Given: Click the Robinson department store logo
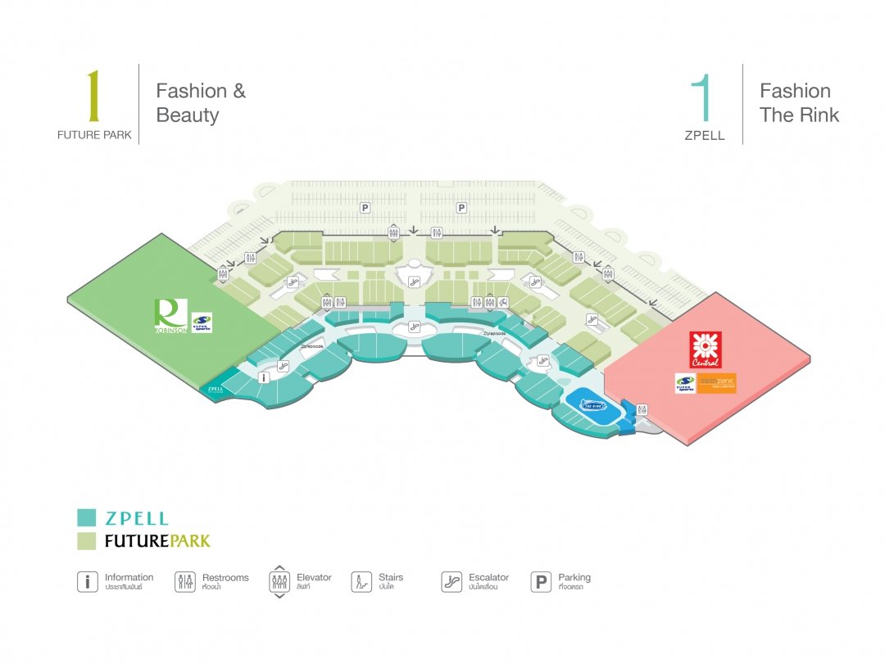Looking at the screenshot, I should pos(170,316).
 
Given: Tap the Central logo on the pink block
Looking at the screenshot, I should pos(705,350).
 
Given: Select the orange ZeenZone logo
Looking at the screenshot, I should pos(717,383).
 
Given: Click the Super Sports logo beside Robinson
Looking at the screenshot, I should pos(202,322).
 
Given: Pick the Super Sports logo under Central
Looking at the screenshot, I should pos(685,384).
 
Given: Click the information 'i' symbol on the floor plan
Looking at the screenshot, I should pos(264,377).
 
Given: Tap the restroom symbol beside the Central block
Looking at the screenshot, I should pos(642,408).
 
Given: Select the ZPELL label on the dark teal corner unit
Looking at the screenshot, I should pos(216,390).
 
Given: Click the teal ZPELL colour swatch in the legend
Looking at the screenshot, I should pos(86,517).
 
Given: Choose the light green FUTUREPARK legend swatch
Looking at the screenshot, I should pos(86,540).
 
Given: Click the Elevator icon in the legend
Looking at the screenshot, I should pos(279,582).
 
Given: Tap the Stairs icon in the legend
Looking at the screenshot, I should pos(361,582).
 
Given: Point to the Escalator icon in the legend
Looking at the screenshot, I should pos(451,582).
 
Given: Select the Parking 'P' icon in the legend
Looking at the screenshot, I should pos(541,582).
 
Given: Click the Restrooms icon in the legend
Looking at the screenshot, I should pos(185,582).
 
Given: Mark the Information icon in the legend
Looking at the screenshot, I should pos(87,582).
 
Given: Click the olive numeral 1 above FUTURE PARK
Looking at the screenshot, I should pos(93,96).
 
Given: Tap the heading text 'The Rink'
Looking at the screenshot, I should pos(799,115).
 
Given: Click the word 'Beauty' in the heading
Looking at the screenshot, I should pos(188,115).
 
